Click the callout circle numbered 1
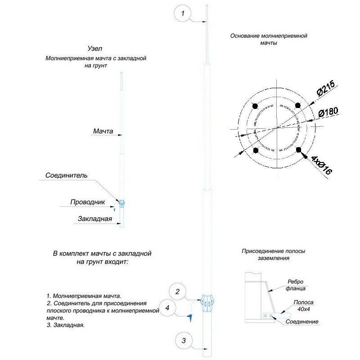coord(183,14)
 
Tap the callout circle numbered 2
coord(178,292)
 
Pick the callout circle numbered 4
coord(167,308)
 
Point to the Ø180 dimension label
coord(328,112)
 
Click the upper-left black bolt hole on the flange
coord(256,107)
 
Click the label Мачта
coord(103,131)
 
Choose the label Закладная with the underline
coord(94,219)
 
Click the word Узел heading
coord(95,49)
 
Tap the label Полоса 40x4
coord(303,306)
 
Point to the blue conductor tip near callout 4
coord(190,318)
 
